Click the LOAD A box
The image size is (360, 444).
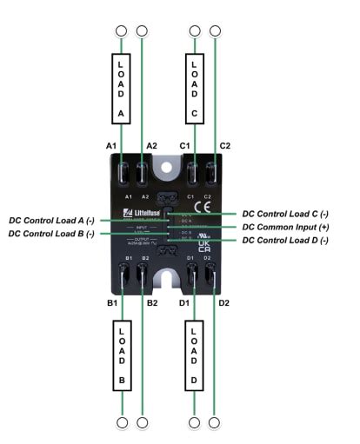(121, 89)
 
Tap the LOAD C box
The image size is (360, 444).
(194, 89)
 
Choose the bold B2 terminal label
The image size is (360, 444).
(152, 302)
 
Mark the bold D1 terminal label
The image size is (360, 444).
(183, 302)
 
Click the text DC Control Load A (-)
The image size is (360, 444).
(53, 221)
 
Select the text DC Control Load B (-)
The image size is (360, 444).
(53, 234)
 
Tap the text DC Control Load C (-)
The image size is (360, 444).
(285, 214)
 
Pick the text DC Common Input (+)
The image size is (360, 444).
(285, 227)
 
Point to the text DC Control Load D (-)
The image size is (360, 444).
(285, 240)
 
